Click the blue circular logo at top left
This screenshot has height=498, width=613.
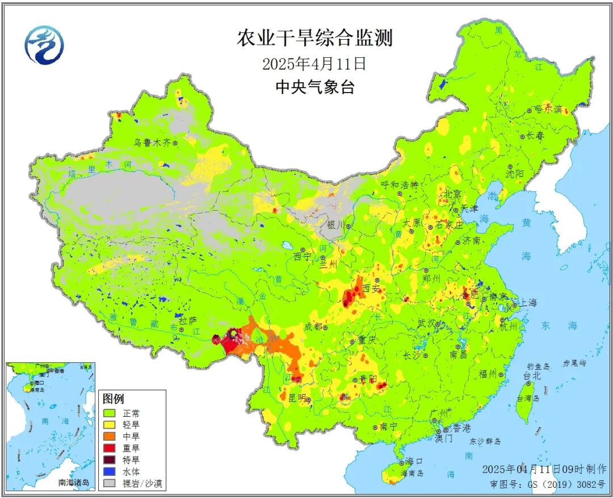44,45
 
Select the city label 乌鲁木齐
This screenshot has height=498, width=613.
152,143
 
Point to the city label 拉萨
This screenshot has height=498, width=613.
188,321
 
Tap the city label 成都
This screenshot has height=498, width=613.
313,327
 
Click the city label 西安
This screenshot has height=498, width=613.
371,288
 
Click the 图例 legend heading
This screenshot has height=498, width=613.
114,399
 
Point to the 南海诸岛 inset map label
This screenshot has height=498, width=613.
74,483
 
